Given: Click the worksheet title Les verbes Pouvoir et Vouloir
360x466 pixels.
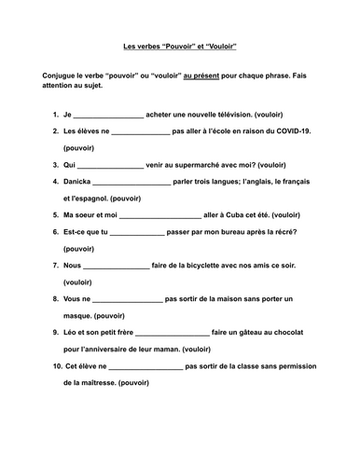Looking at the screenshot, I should point(179,45).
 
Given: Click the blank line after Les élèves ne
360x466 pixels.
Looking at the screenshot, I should point(139,132).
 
